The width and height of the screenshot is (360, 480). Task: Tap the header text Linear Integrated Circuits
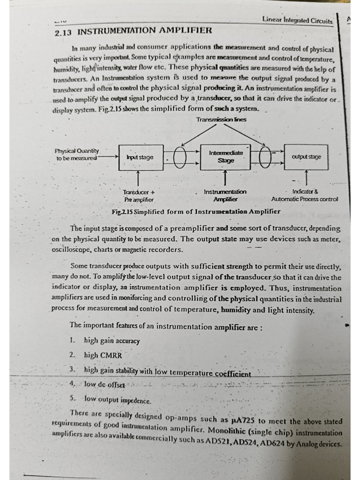coord(297,20)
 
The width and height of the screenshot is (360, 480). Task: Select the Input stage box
coord(139,157)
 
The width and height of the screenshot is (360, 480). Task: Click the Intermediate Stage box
coord(225,157)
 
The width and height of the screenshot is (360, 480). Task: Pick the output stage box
coord(306,157)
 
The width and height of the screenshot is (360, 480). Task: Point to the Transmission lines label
coord(222,120)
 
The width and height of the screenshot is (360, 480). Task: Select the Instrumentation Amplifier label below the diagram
coord(225,195)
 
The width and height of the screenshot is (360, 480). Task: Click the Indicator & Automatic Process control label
coord(304,195)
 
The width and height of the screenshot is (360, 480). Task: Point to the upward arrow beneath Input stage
coord(138,178)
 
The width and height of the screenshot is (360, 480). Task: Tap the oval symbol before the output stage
coord(265,157)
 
